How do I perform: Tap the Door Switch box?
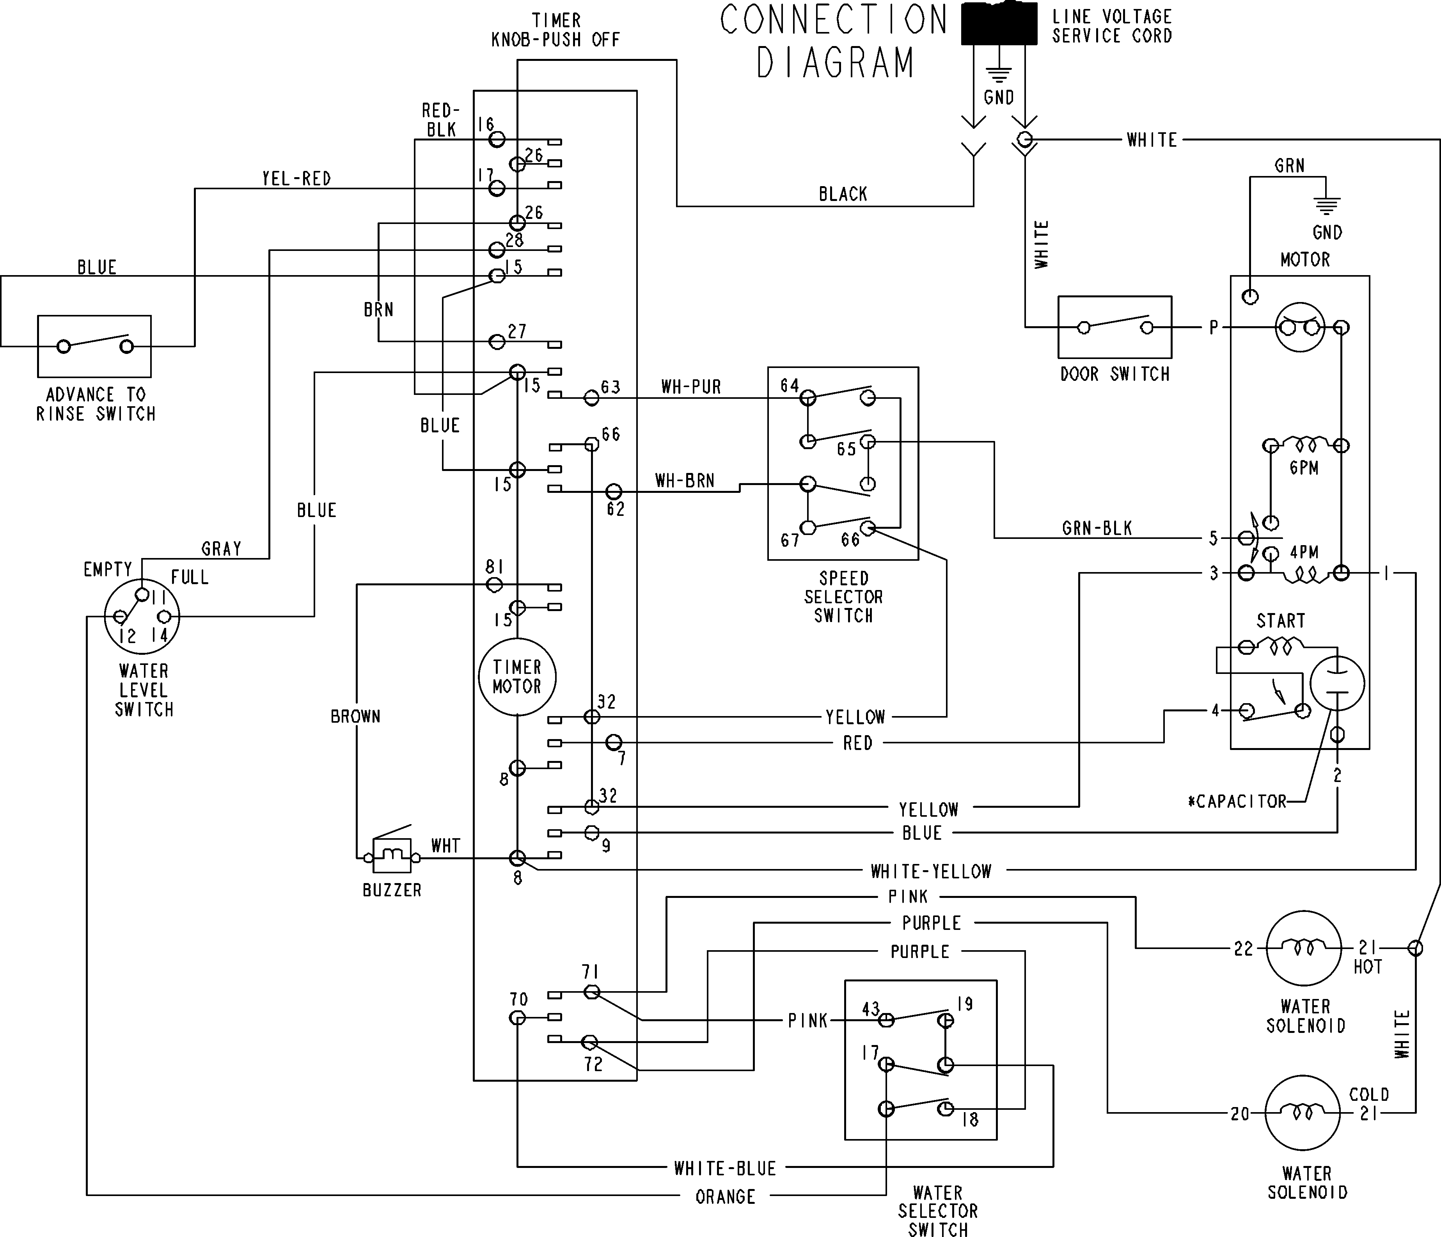coord(1114,327)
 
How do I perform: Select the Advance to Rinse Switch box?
coord(94,346)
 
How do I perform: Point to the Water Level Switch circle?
coord(142,617)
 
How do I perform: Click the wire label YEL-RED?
coord(296,179)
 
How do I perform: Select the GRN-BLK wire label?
coord(1097,528)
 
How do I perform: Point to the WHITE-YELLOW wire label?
coord(930,871)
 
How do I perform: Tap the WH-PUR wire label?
coord(690,387)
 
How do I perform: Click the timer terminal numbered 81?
coord(494,585)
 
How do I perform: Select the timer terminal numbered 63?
coord(591,397)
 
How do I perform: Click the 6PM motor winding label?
coord(1303,467)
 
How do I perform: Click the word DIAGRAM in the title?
coord(834,62)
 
